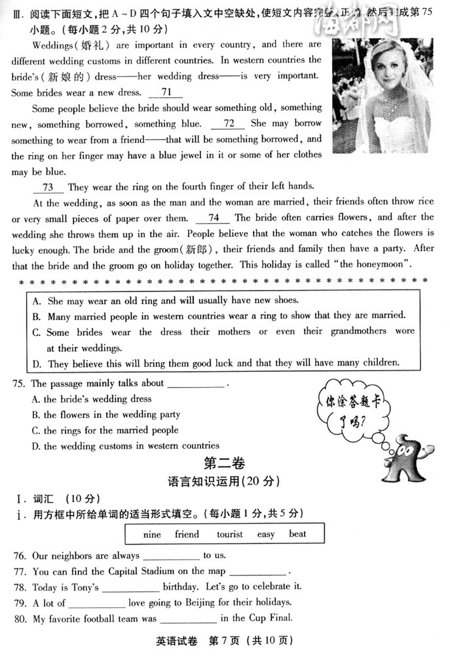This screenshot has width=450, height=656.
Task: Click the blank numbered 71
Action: (166, 92)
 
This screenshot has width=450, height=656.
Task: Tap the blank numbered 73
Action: (48, 187)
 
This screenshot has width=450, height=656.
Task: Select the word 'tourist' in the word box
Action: (229, 534)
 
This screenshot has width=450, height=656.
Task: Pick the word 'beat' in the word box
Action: (297, 534)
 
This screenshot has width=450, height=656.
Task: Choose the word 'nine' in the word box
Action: (151, 534)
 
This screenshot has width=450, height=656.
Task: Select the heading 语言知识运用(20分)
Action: (223, 481)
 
